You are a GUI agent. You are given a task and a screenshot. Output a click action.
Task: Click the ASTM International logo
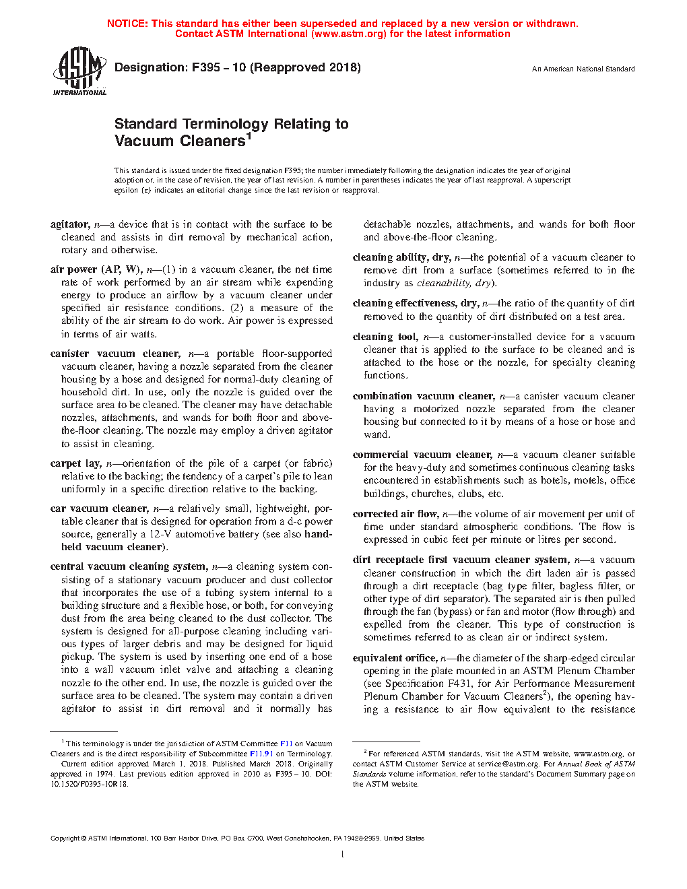[79, 71]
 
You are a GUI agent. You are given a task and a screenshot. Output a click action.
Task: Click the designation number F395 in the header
[206, 67]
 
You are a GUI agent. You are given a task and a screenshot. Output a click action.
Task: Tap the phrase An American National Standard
[583, 69]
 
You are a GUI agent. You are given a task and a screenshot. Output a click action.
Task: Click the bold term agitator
[69, 224]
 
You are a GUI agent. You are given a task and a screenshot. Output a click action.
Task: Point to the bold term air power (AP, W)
[96, 269]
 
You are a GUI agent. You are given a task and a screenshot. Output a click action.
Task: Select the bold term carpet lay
[75, 463]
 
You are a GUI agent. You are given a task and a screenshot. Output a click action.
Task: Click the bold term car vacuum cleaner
[98, 508]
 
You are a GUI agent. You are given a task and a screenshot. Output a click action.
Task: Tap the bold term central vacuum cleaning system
[128, 566]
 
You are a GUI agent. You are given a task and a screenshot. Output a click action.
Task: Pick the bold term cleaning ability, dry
[401, 257]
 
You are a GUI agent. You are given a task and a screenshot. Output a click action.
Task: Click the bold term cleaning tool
[385, 337]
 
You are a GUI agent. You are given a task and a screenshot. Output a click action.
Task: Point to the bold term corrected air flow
[395, 514]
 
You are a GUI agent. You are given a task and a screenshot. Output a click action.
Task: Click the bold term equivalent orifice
[395, 658]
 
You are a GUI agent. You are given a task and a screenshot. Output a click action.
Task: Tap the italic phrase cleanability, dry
[454, 283]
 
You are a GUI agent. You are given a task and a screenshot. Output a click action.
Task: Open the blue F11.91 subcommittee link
[261, 754]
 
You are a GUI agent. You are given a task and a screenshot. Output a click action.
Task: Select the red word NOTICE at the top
[127, 24]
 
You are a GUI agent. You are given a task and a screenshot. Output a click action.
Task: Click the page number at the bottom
[343, 855]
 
